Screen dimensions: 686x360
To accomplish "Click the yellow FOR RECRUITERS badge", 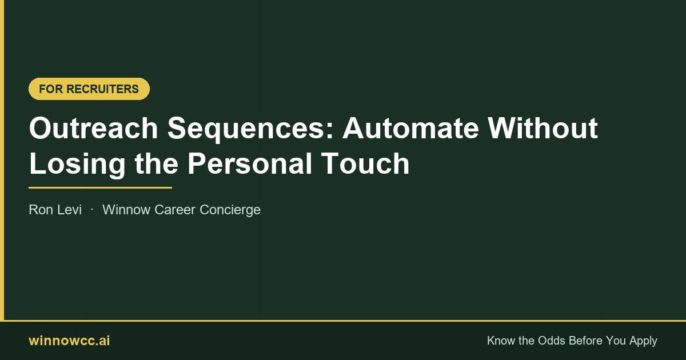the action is (89, 89).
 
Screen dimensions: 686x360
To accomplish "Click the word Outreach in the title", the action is (93, 128).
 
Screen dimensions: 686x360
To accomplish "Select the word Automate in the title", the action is (410, 128).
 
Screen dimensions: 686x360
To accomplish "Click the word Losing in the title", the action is (77, 165).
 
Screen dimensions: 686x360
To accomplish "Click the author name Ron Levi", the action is (55, 210).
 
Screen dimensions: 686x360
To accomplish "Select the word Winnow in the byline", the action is (126, 210).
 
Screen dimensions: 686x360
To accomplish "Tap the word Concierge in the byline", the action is (230, 210).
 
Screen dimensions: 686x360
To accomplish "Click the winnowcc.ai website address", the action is (69, 341).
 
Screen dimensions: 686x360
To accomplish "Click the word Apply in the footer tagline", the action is (643, 341).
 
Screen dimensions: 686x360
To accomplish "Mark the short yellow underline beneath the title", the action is (100, 187).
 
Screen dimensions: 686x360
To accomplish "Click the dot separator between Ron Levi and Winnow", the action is (92, 210).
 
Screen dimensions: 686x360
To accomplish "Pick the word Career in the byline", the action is (175, 210).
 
